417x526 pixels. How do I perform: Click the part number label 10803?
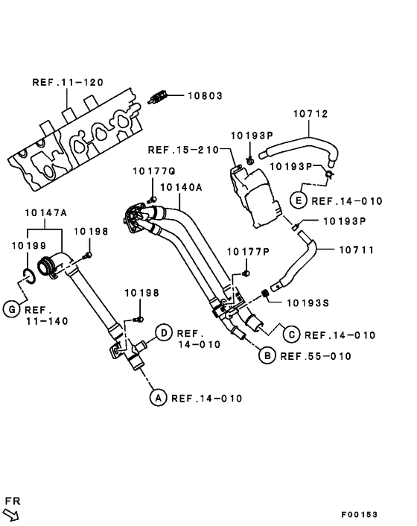[x=204, y=96]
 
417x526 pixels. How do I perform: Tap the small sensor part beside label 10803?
[x=157, y=97]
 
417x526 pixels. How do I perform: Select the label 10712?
[x=311, y=114]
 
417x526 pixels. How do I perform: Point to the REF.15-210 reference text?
[x=183, y=150]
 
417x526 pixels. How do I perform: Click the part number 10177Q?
[x=153, y=171]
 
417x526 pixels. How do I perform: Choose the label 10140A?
[x=181, y=188]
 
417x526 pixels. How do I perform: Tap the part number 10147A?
[x=46, y=212]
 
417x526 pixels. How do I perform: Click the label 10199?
[x=28, y=244]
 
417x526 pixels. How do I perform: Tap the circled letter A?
[x=157, y=398]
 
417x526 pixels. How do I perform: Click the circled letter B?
[x=266, y=356]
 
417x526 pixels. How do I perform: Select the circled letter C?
[x=291, y=335]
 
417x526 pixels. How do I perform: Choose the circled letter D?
[x=163, y=332]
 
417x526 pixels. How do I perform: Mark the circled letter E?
[x=298, y=200]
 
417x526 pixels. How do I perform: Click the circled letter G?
[x=10, y=309]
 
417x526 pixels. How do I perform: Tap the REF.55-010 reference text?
[x=315, y=356]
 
